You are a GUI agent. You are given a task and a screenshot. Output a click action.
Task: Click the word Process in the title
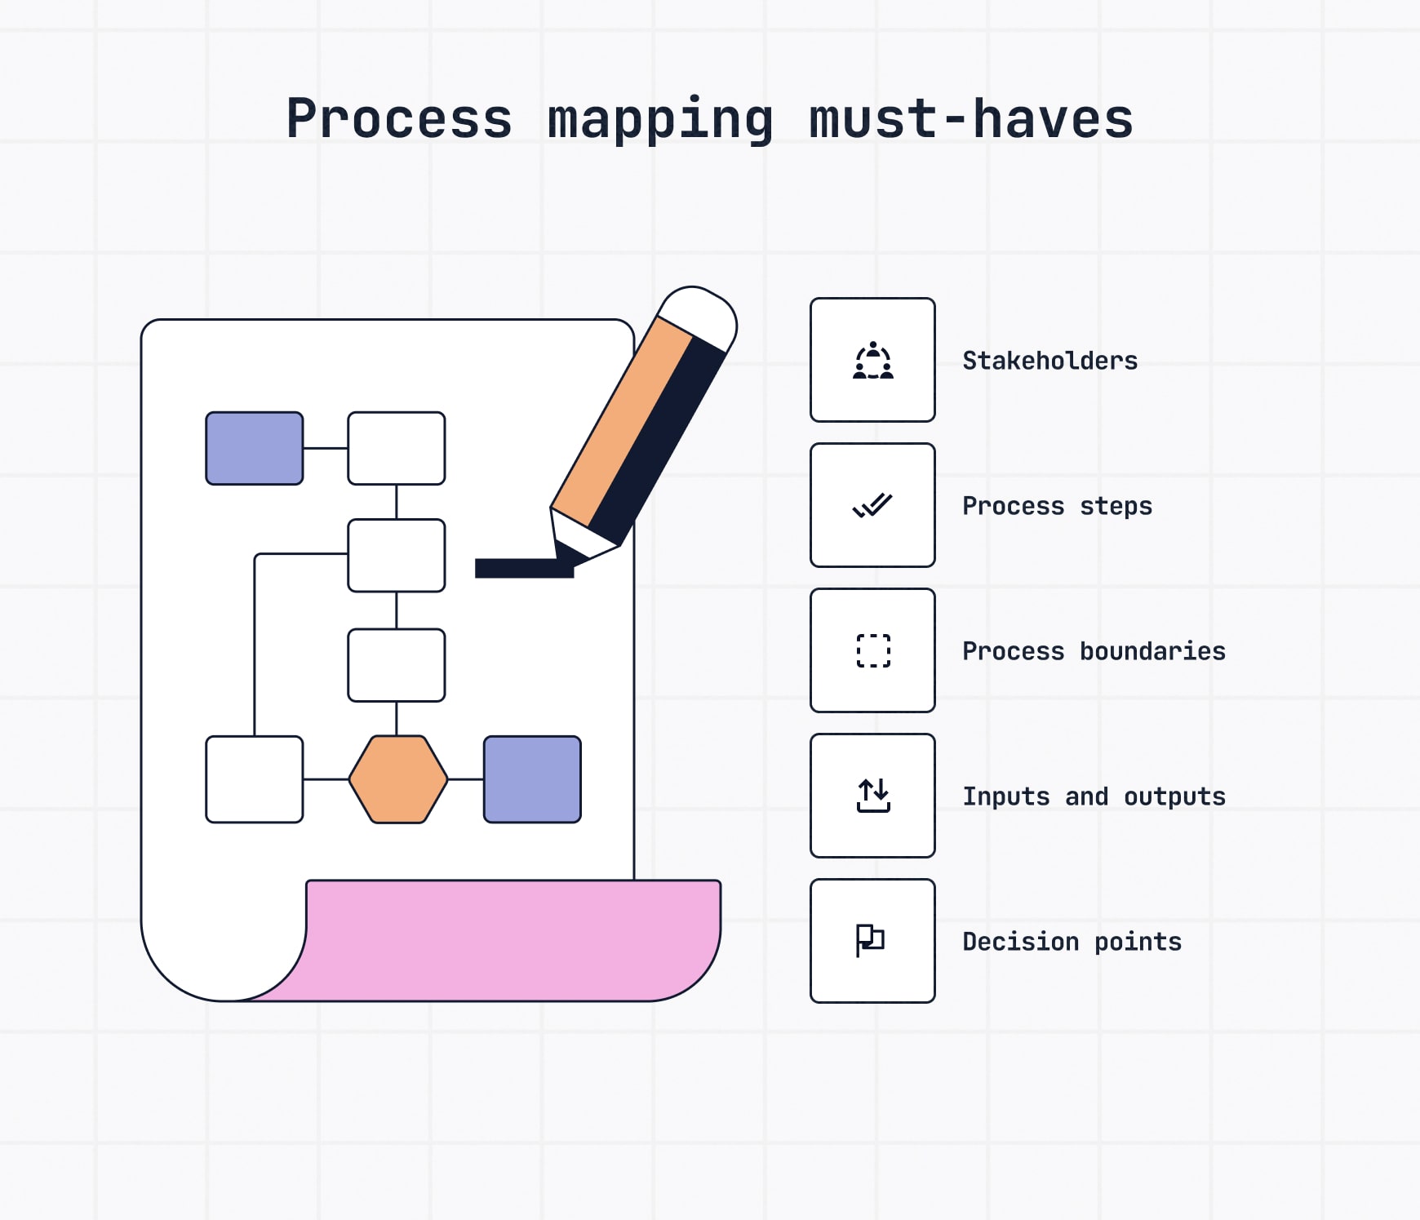click(x=399, y=119)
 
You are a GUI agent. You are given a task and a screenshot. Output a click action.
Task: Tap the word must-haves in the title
click(x=970, y=119)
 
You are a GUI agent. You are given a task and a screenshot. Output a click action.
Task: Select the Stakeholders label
click(x=1049, y=361)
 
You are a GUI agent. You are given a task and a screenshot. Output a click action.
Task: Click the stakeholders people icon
click(x=872, y=361)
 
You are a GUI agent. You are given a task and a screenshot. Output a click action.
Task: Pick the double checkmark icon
click(x=872, y=506)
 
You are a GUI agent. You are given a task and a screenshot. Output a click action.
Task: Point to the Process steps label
click(x=1057, y=506)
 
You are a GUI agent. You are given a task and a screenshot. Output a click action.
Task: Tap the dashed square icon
click(x=872, y=650)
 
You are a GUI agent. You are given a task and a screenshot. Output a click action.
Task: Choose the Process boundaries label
click(x=1094, y=651)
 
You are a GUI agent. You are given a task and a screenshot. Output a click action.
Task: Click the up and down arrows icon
click(x=872, y=796)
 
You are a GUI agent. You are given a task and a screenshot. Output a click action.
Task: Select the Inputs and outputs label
click(x=1094, y=796)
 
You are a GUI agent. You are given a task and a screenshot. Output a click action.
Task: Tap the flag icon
click(x=870, y=940)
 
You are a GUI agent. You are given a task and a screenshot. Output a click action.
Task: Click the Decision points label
click(x=1072, y=942)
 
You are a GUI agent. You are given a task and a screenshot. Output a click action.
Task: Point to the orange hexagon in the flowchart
click(x=398, y=779)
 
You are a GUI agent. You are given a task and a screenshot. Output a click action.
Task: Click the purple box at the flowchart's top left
click(x=255, y=448)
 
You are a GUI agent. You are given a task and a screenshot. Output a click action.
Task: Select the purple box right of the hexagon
click(x=532, y=779)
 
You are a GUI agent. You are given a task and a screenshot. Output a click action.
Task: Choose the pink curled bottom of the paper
click(x=514, y=938)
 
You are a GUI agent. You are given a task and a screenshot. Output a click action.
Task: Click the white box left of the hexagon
click(x=255, y=779)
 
